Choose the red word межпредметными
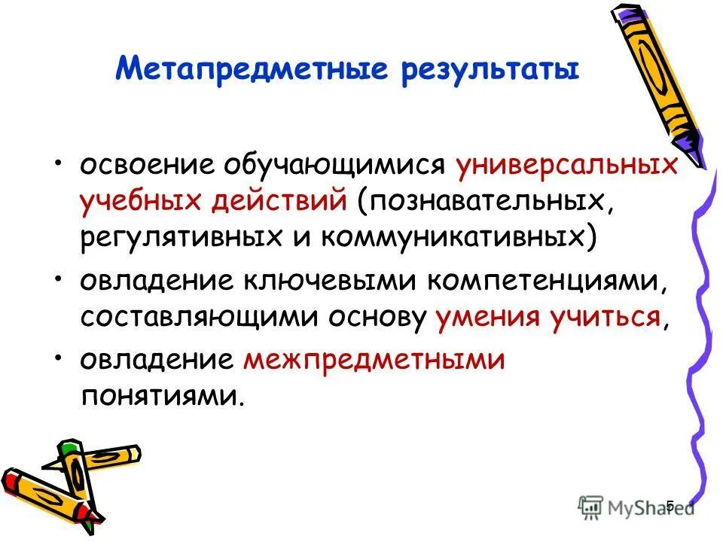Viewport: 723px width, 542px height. tap(373, 360)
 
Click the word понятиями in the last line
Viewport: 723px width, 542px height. tap(162, 396)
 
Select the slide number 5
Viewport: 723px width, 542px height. tap(670, 504)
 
